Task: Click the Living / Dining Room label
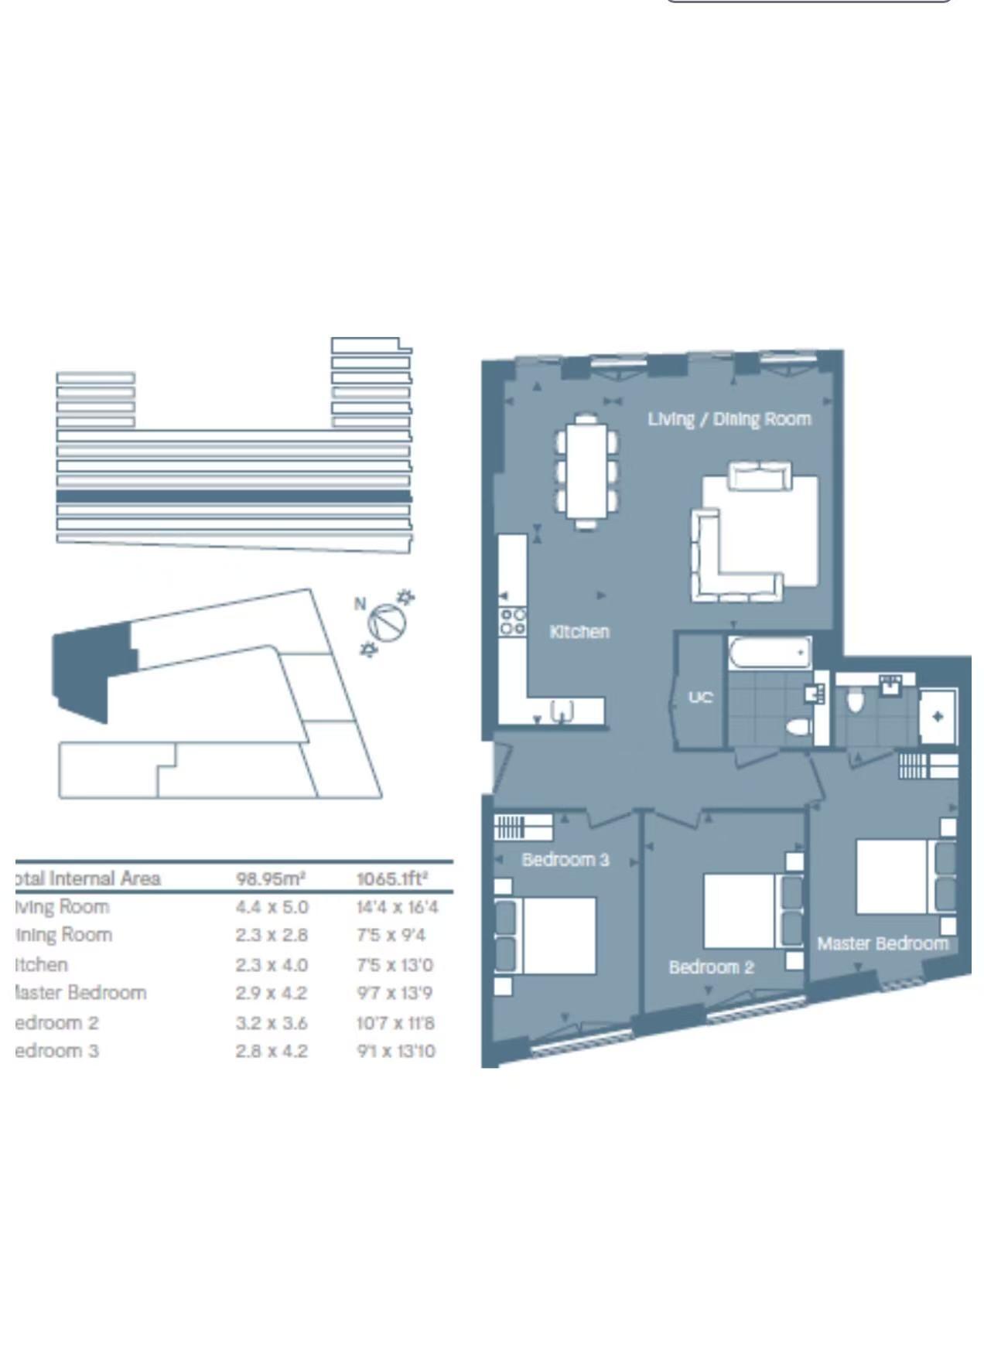pos(729,419)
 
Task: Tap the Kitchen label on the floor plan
pos(579,632)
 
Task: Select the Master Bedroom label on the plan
pos(883,943)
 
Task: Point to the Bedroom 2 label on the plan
pos(711,967)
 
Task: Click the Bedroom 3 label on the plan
pos(565,860)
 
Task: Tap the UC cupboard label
pos(700,698)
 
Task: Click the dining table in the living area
pos(586,472)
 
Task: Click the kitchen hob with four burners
pos(513,622)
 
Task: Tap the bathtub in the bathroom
pos(769,653)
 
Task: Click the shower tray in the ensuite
pos(938,717)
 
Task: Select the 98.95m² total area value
pos(270,878)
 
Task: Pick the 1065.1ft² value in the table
pos(391,878)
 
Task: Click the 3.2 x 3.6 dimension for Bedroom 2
pos(272,1023)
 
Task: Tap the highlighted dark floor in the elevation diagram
pos(234,496)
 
